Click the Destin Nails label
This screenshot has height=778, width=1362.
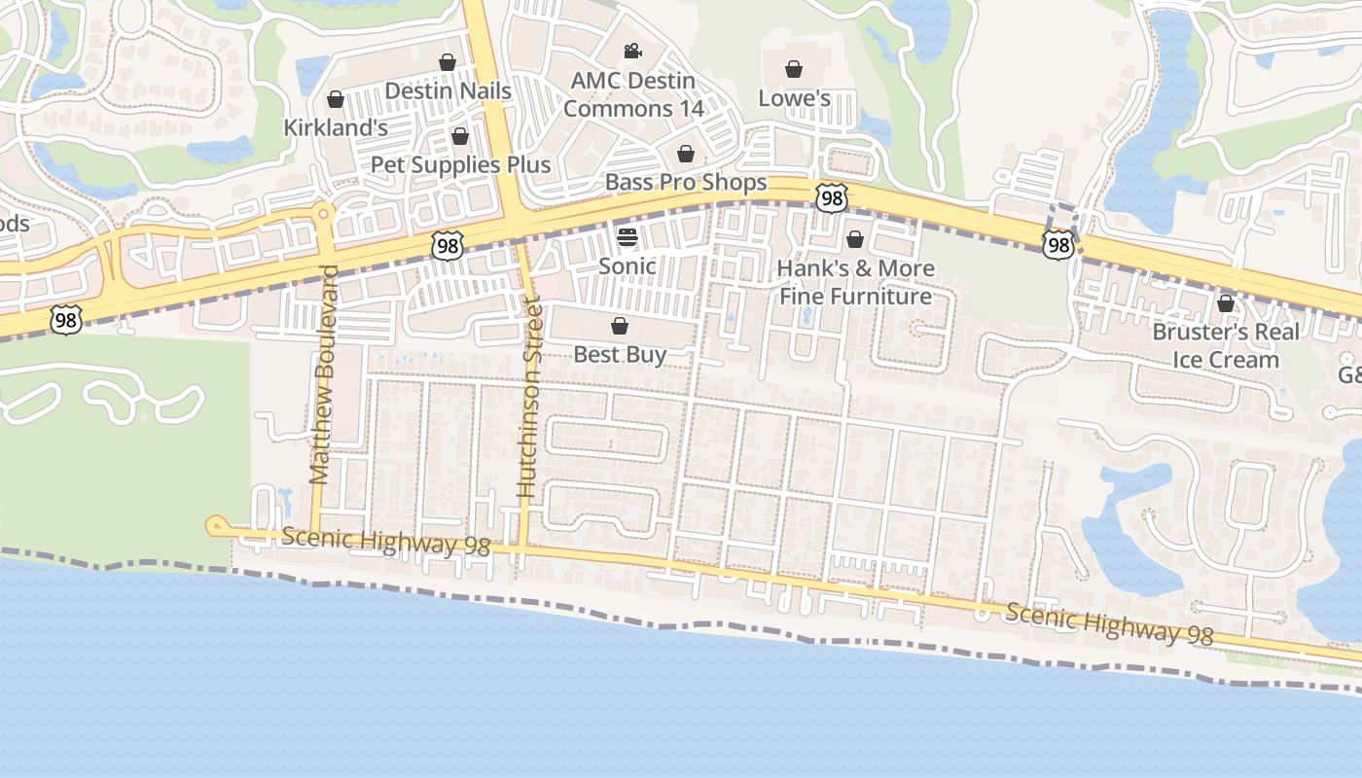click(448, 90)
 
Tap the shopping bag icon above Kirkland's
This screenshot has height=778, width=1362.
click(336, 99)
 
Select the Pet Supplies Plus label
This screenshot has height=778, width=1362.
click(460, 164)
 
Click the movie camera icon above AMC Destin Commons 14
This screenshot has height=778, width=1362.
click(633, 51)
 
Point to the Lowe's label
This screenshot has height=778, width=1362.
click(794, 98)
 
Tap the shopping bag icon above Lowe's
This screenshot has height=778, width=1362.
click(794, 69)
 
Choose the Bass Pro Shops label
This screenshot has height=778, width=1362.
click(686, 182)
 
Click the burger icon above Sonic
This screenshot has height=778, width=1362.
click(627, 236)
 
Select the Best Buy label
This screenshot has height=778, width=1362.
click(620, 354)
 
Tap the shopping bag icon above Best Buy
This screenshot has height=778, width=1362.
click(620, 326)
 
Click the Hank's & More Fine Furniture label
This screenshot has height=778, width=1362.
click(855, 282)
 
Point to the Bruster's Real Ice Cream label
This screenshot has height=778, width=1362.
click(1226, 345)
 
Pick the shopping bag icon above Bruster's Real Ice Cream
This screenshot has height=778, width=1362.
click(1226, 303)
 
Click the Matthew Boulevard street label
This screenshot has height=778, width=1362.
click(323, 374)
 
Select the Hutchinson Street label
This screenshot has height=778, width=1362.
click(529, 414)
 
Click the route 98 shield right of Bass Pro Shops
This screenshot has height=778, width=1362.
click(831, 198)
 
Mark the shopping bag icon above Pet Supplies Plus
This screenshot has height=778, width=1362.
click(460, 135)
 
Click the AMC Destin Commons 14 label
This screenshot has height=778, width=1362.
click(633, 94)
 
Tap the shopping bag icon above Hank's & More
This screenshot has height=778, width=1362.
click(855, 239)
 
